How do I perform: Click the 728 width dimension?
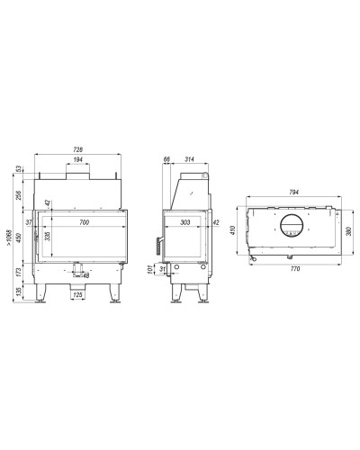[x=77, y=149]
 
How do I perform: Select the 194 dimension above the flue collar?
[x=77, y=159]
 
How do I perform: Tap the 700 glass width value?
[x=85, y=222]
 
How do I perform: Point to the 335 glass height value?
[x=47, y=236]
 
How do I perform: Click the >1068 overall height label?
[x=10, y=238]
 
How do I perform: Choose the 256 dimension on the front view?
[x=18, y=195]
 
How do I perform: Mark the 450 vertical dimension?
[x=18, y=238]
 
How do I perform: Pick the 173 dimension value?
[x=18, y=273]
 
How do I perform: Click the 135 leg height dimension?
[x=18, y=292]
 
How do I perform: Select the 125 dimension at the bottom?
[x=77, y=295]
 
